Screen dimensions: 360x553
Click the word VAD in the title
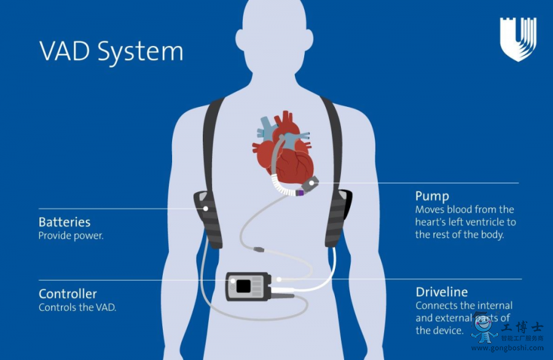click(x=66, y=52)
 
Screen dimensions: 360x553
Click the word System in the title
click(x=141, y=53)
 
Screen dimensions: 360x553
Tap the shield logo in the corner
click(x=517, y=39)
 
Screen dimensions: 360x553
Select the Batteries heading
click(x=65, y=222)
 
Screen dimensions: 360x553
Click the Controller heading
click(x=68, y=294)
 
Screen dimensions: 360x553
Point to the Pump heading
click(x=432, y=197)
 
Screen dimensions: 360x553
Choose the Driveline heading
click(x=441, y=292)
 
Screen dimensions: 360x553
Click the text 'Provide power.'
click(x=71, y=235)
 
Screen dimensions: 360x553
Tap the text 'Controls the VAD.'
click(x=77, y=307)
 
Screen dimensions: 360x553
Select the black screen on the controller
click(x=243, y=286)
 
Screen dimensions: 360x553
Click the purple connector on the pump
click(x=300, y=192)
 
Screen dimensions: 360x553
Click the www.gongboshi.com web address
click(x=508, y=348)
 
